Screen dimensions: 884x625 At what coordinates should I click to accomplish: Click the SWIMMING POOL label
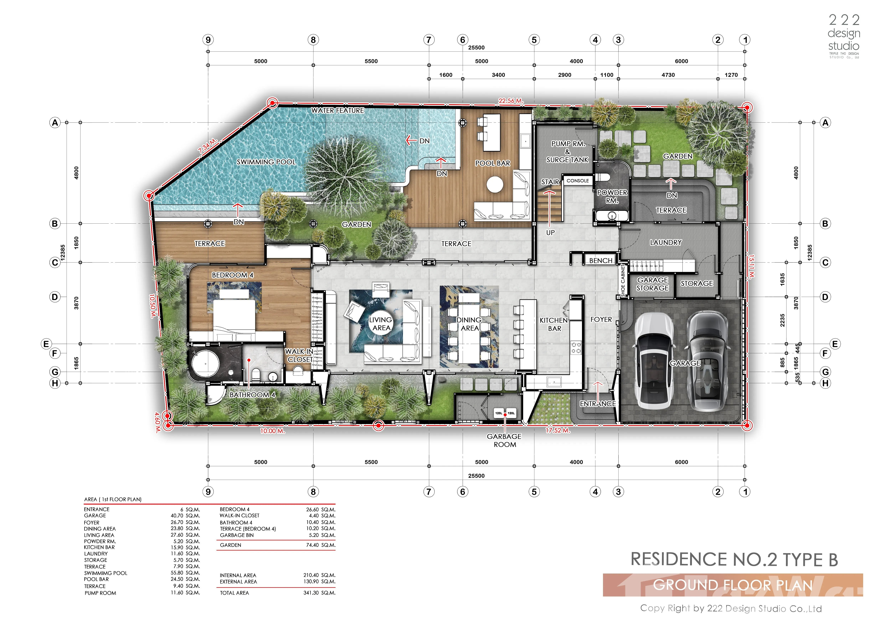point(266,162)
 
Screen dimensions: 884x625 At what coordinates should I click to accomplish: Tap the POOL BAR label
point(493,163)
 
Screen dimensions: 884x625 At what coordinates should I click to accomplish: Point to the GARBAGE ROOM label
point(504,440)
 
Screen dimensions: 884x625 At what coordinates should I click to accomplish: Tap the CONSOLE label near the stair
point(578,180)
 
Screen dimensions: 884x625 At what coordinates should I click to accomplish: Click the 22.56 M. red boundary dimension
point(511,101)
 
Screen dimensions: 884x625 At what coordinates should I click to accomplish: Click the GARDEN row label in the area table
point(231,545)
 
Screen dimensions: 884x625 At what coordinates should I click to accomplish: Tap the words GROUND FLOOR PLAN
point(733,585)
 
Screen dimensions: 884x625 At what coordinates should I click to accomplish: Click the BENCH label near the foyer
point(601,260)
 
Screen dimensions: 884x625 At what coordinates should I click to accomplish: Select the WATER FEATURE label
point(338,110)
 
